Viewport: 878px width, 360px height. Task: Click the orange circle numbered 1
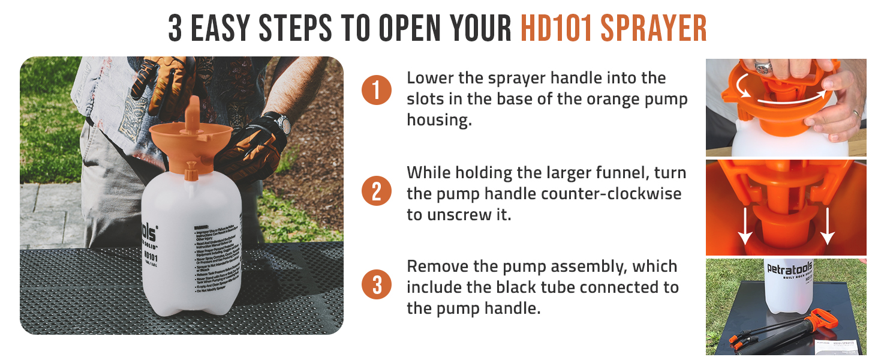click(x=376, y=91)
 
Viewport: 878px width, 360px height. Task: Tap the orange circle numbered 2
click(x=376, y=191)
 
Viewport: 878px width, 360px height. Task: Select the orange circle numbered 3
click(x=376, y=285)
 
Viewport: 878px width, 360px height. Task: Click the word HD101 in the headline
click(x=555, y=28)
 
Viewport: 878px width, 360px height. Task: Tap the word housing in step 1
click(x=439, y=120)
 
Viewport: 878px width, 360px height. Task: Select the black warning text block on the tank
click(x=216, y=258)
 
